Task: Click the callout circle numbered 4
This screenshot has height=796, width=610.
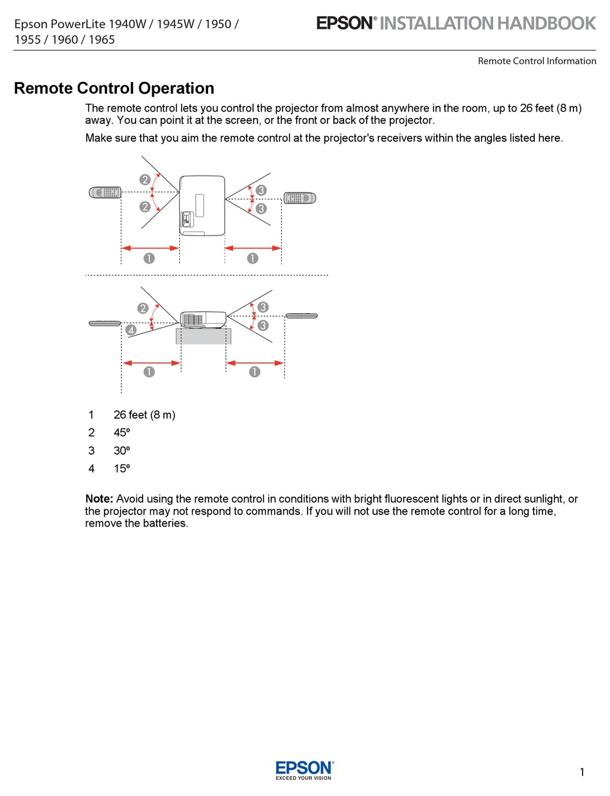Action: (x=131, y=330)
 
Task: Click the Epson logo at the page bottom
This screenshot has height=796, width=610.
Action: (x=304, y=770)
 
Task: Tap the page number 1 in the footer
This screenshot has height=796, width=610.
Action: (x=582, y=772)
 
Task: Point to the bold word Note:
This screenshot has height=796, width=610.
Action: (x=100, y=499)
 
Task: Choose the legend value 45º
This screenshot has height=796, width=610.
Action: (x=122, y=433)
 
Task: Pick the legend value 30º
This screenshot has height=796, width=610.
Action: (x=122, y=451)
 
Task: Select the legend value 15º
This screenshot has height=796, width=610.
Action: (x=122, y=469)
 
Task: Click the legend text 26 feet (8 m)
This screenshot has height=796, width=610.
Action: (x=144, y=415)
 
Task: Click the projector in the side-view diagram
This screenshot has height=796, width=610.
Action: (x=204, y=319)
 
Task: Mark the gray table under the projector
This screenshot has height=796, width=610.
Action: (x=203, y=336)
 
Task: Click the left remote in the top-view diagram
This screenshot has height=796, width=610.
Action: (x=105, y=192)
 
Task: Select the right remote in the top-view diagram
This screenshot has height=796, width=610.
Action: (x=300, y=198)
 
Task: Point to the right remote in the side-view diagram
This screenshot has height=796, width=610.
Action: (x=301, y=316)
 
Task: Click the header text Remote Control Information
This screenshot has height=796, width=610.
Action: (x=537, y=61)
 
